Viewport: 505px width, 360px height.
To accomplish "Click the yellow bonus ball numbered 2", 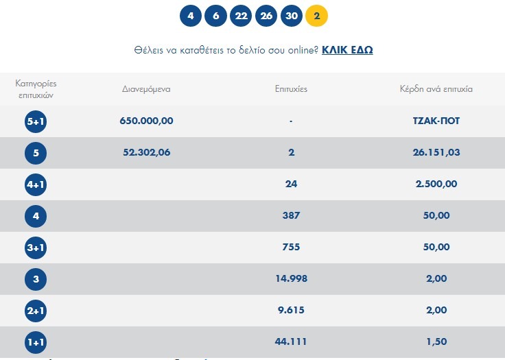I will tap(316, 16).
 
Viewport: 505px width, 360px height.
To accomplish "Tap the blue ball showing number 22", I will tap(240, 16).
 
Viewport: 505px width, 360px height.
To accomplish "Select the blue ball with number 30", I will tap(291, 16).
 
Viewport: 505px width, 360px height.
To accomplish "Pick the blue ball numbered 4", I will tap(191, 16).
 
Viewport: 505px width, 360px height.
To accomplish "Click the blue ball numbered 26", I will tap(266, 16).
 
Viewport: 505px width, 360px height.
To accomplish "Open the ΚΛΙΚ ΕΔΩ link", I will tap(347, 50).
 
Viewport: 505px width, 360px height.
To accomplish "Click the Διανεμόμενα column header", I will tap(146, 89).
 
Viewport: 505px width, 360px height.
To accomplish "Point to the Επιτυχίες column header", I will tap(292, 89).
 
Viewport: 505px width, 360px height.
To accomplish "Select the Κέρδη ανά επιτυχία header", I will tap(436, 89).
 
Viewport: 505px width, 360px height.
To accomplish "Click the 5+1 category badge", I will tap(36, 121).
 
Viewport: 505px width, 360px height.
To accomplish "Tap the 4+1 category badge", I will tap(36, 184).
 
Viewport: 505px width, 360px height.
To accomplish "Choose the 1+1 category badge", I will tap(36, 341).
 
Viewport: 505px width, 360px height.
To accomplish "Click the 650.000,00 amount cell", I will tap(146, 121).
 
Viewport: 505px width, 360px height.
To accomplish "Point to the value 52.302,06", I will tap(144, 152).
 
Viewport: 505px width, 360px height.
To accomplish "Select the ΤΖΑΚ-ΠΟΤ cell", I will tap(432, 121).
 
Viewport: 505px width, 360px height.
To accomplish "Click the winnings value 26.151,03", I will tap(432, 152).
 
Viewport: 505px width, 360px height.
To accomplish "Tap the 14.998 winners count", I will tap(291, 278).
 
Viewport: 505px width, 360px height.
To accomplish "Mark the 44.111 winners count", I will tap(291, 341).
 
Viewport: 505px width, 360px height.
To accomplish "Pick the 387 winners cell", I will tap(291, 215).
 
